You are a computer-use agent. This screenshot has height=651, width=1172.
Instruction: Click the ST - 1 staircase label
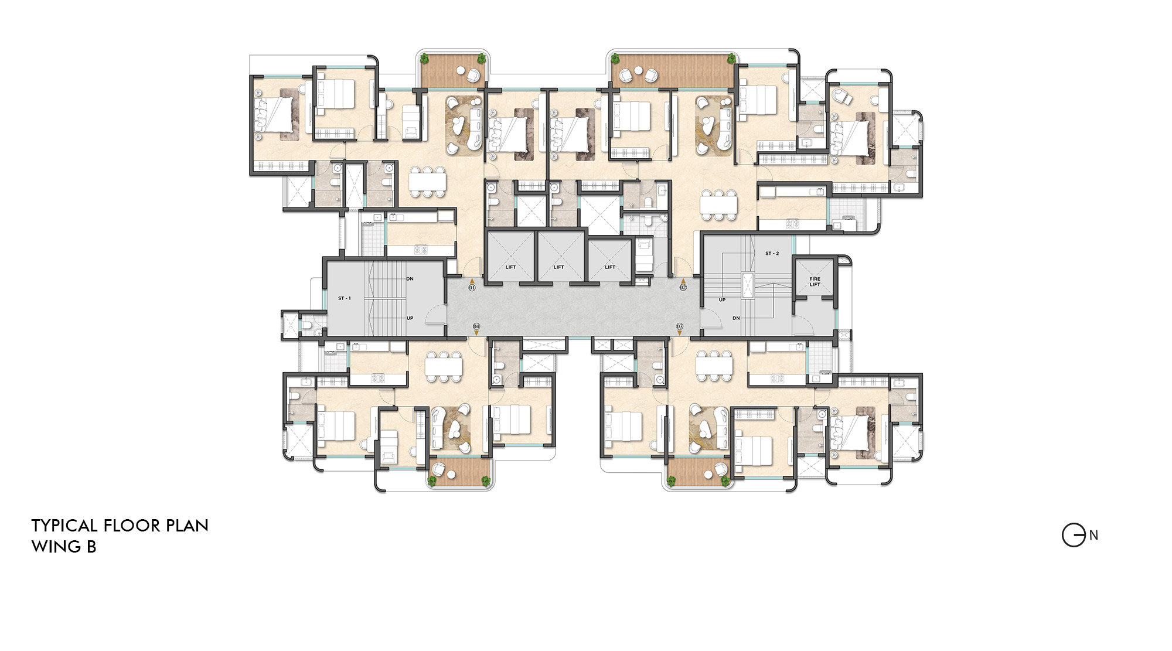(x=345, y=298)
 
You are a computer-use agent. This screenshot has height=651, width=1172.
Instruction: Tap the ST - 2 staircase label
(x=772, y=254)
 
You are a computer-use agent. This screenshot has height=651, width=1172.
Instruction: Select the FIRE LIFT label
(x=815, y=282)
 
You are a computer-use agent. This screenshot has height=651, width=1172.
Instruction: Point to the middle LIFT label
(x=558, y=267)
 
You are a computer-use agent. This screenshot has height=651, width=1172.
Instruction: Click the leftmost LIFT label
(x=510, y=267)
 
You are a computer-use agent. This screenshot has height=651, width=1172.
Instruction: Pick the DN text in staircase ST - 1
(x=410, y=279)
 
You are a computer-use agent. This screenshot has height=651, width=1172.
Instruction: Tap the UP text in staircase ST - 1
(x=410, y=318)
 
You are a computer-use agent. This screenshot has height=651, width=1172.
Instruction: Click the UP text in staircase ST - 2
(x=722, y=299)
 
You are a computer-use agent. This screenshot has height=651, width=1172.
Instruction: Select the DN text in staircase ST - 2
(x=736, y=318)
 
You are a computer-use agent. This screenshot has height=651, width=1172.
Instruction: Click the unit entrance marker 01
(x=472, y=288)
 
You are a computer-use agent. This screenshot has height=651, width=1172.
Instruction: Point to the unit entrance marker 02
(x=683, y=288)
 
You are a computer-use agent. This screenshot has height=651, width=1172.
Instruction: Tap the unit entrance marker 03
(x=680, y=326)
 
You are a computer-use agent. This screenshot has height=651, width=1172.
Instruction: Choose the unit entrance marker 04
(x=476, y=326)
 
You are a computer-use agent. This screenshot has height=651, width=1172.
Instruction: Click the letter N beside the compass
(x=1093, y=535)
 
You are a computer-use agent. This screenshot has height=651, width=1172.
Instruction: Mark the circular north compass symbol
(x=1074, y=535)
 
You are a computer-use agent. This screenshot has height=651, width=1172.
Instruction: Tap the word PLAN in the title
(x=187, y=526)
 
